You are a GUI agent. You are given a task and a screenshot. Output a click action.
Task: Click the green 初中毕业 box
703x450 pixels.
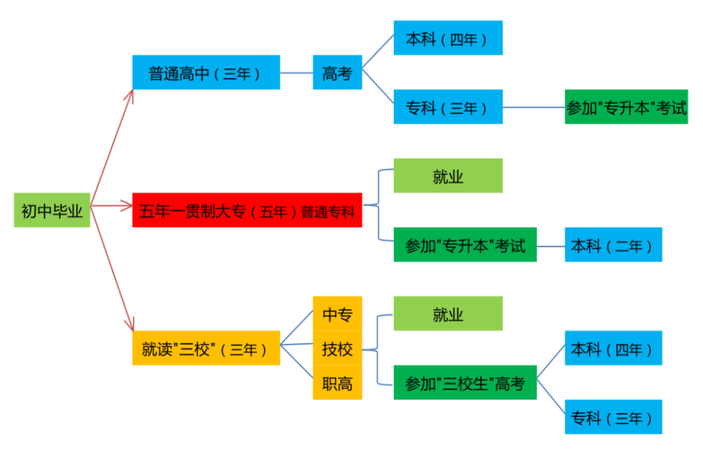point(52,210)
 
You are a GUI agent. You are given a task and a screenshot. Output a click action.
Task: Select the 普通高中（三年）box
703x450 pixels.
point(206,72)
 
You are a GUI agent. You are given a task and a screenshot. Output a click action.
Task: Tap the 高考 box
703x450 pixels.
point(337,72)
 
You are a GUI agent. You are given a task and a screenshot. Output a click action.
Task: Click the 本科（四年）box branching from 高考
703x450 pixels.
point(448,38)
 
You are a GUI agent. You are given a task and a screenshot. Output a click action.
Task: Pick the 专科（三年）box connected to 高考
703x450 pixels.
point(448,107)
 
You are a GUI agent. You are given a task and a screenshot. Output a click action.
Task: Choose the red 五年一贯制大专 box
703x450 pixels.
point(247,210)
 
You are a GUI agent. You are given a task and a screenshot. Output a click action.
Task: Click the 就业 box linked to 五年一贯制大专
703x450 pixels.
point(448,176)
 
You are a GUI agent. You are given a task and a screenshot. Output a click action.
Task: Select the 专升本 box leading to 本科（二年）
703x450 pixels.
point(465,245)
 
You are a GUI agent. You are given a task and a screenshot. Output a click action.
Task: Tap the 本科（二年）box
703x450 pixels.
point(613,245)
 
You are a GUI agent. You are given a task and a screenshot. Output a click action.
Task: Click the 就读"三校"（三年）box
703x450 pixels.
point(206,348)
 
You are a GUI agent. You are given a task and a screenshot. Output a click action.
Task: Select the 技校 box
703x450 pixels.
point(337,348)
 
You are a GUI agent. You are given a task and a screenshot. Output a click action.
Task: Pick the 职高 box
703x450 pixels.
point(337,383)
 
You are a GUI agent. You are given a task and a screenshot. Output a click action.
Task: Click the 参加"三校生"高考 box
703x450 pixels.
point(465,383)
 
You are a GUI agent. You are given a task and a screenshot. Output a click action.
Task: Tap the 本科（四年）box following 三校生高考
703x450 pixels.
point(613,348)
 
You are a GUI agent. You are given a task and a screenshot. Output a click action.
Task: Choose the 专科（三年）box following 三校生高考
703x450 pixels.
point(613,417)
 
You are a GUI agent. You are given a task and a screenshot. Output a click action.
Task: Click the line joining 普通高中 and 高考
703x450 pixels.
point(296,72)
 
